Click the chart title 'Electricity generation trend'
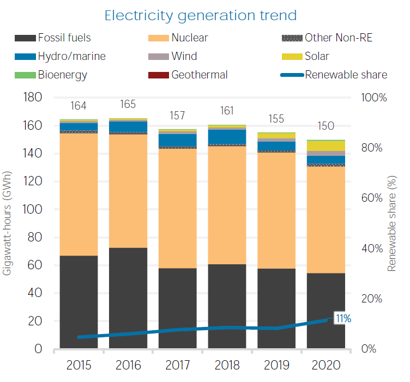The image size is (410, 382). point(201,16)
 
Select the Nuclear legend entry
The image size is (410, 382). point(178,38)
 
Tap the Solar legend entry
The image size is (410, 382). point(305,57)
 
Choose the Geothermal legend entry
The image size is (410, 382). point(188,75)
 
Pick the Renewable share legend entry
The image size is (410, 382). point(334,75)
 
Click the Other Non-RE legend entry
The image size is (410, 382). point(327,38)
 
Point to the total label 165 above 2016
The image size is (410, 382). point(128,104)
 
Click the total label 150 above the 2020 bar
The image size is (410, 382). point(326,126)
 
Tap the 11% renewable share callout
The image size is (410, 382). point(343,318)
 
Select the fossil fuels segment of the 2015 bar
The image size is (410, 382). point(79,302)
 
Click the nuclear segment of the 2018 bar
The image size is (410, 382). point(227,205)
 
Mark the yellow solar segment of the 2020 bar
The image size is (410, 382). point(326,146)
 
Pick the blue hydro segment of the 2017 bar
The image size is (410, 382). point(178,140)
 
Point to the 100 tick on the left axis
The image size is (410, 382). point(32,210)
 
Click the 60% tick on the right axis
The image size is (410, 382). point(372,198)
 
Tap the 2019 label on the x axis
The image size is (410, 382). point(276,365)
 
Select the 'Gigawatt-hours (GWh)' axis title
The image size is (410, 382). point(7,223)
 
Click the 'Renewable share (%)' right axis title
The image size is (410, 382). point(391,223)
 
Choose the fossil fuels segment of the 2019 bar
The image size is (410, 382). point(276,308)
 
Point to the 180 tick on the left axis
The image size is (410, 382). point(33,98)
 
